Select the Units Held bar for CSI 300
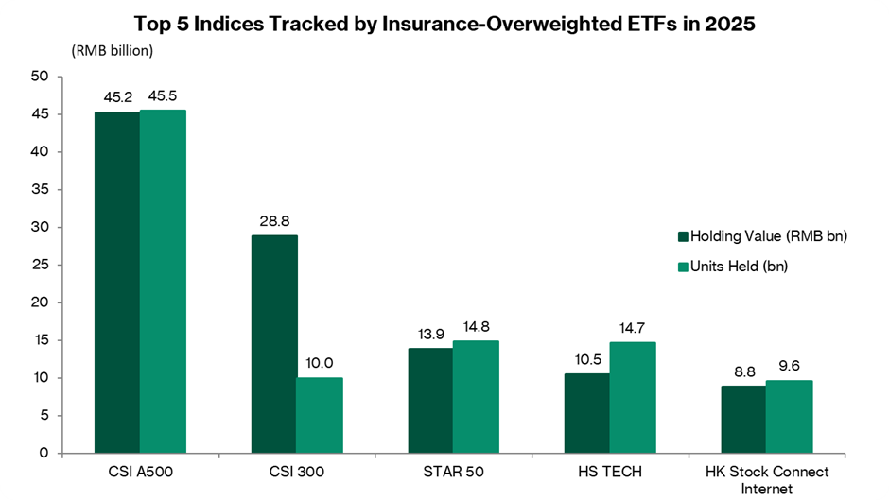[x=320, y=415]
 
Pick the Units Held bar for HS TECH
[x=633, y=397]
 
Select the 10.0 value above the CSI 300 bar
[x=320, y=363]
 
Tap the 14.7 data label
[x=633, y=326]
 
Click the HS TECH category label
[x=610, y=471]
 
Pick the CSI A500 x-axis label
[x=140, y=471]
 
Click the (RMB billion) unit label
[x=111, y=50]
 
